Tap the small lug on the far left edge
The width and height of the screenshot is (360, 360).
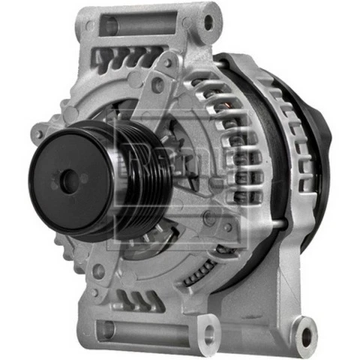[x=37, y=135]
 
